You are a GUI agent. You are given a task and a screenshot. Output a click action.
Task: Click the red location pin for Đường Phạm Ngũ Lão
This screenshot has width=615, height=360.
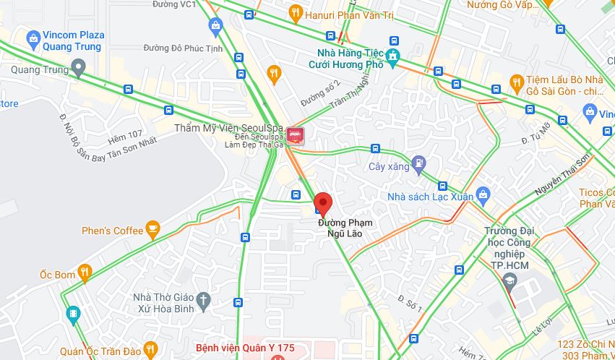[x=322, y=202]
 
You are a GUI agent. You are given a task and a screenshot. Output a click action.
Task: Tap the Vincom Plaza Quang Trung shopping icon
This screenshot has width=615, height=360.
[x=32, y=38]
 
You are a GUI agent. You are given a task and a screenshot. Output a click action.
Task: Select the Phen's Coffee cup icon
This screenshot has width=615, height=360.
[x=152, y=230]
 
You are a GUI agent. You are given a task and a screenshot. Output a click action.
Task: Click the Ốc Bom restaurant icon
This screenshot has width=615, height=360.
[x=85, y=273]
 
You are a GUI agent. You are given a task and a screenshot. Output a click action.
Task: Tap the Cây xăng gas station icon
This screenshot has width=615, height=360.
[x=418, y=163]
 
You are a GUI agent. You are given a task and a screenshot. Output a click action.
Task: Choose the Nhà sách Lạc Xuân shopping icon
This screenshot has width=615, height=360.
[x=483, y=194]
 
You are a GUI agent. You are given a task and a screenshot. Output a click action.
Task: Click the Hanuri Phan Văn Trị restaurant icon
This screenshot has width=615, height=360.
[x=294, y=13]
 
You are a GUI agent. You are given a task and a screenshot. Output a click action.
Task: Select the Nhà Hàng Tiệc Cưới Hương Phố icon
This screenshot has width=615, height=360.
[x=392, y=56]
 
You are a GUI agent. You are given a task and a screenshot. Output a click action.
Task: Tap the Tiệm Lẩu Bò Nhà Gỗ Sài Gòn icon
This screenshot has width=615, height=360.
[x=516, y=82]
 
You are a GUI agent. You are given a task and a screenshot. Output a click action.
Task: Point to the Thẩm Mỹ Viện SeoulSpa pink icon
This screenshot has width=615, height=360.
[x=295, y=134]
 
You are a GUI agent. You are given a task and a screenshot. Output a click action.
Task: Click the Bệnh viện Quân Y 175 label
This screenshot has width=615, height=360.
[x=246, y=348]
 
